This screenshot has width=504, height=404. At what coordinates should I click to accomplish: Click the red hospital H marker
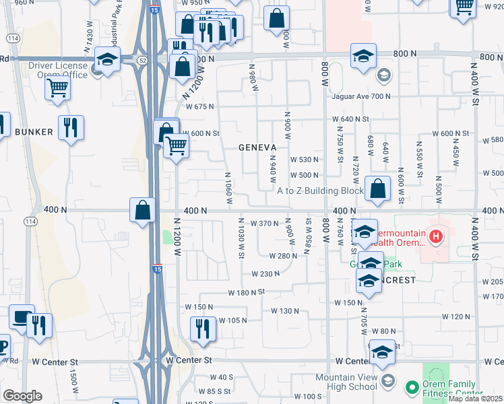coord(436,237)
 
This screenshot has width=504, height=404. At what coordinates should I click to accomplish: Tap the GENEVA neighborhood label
coord(258,147)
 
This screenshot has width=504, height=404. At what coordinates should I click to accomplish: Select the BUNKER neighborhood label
coord(34,132)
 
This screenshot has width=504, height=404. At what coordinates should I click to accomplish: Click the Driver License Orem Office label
coord(59,70)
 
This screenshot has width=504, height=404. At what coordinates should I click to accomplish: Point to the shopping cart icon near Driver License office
coord(58,87)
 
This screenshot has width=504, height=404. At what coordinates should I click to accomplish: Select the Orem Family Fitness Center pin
coord(412,387)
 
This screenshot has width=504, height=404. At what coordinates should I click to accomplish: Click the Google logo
coord(22,395)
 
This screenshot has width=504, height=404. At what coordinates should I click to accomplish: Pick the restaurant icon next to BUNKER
coord(71,127)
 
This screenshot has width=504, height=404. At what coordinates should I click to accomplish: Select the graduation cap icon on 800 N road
coord(363,56)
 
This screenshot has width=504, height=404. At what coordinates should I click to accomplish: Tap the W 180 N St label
coord(242,292)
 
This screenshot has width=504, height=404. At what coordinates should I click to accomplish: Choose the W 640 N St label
coord(351,119)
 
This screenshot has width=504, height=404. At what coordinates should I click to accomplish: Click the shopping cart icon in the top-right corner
coord(464,5)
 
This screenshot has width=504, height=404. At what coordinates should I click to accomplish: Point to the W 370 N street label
coord(264,224)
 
